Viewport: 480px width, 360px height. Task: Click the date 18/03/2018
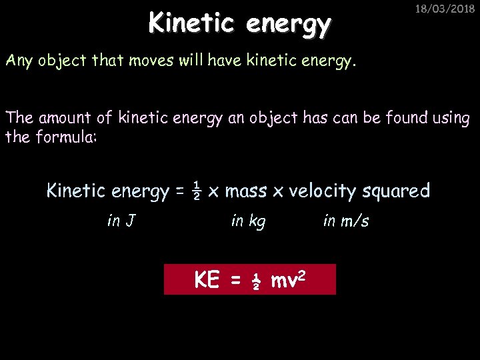click(441, 10)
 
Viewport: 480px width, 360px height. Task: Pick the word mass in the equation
click(246, 191)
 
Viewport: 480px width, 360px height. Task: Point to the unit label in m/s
click(345, 221)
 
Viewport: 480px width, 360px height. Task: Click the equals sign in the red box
click(235, 281)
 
